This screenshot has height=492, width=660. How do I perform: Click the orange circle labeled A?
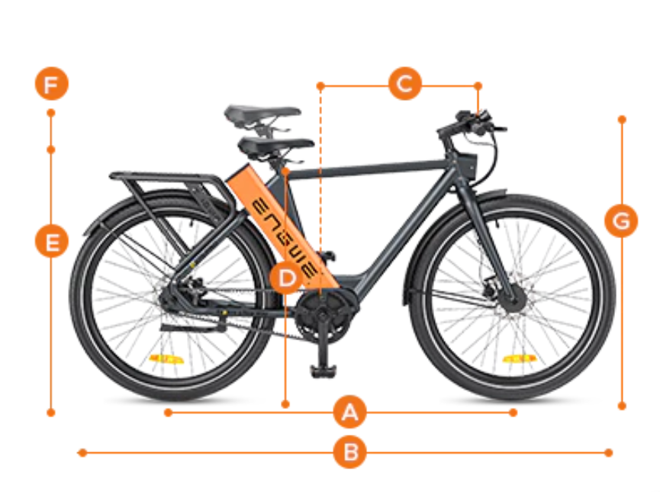(x=349, y=413)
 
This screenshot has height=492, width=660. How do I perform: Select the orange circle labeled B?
(x=349, y=452)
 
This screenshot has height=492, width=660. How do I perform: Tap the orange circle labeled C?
(x=405, y=84)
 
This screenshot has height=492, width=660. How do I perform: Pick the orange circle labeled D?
(x=287, y=278)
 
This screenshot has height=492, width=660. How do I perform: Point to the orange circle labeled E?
(x=51, y=241)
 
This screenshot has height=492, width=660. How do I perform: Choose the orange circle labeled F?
(x=51, y=83)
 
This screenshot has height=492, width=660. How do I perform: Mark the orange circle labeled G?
(x=621, y=220)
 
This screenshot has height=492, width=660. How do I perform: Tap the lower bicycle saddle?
(x=275, y=145)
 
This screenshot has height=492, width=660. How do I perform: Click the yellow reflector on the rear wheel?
(x=166, y=359)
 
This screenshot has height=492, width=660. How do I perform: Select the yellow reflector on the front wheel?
(x=520, y=359)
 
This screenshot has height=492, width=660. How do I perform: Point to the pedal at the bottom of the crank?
(x=324, y=371)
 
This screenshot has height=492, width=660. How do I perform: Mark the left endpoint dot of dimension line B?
(x=82, y=453)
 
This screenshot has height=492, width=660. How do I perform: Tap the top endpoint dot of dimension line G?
(x=622, y=120)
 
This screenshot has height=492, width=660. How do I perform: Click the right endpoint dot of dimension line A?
(x=513, y=413)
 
